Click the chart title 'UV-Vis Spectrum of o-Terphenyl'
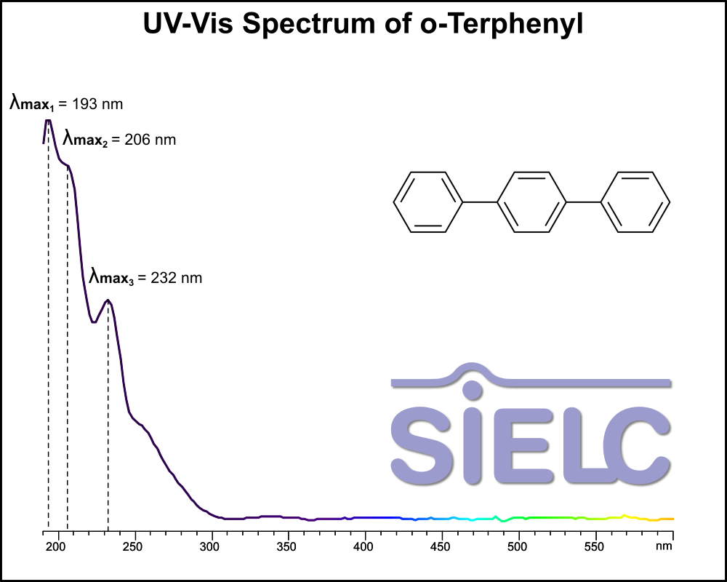click(363, 24)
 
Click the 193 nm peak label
click(66, 104)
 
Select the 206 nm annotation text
click(119, 140)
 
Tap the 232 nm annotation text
click(145, 278)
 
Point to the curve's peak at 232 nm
click(108, 300)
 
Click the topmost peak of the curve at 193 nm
click(48, 120)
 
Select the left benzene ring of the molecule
click(428, 202)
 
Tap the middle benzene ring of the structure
click(531, 202)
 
